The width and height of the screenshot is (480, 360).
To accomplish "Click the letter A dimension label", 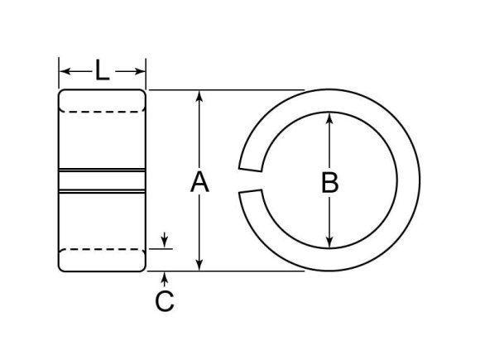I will [199, 181].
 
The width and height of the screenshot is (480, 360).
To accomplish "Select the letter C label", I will [165, 302].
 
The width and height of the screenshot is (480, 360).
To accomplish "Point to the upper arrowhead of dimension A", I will [199, 96].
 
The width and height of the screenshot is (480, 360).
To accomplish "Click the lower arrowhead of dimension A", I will [199, 264].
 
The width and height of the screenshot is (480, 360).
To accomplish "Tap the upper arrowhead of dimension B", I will [330, 118].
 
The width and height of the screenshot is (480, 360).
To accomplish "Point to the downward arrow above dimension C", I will [166, 243].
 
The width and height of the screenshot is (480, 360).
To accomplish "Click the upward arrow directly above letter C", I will [166, 275].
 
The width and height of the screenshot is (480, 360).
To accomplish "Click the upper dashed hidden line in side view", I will [103, 111].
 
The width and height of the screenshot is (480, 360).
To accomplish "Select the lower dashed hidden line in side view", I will [103, 248].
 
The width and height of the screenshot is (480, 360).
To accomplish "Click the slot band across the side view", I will [103, 181].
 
